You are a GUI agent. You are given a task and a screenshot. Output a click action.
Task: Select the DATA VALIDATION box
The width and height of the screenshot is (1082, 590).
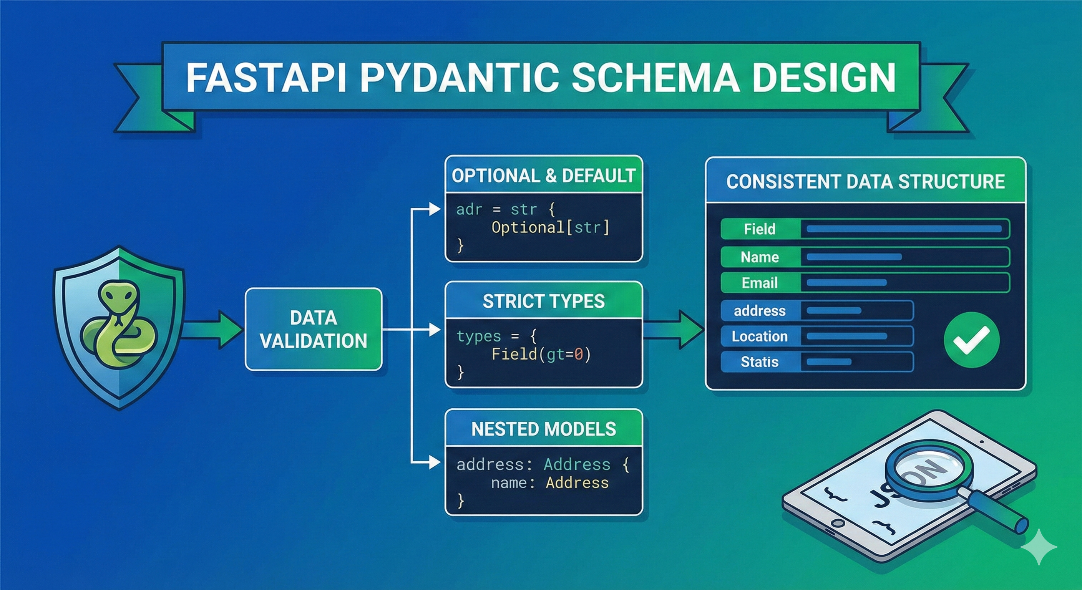[314, 329]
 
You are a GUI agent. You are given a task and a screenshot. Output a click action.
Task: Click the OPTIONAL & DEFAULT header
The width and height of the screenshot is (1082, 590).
[544, 176]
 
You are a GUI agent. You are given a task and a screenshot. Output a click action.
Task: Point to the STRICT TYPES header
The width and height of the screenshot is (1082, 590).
[544, 301]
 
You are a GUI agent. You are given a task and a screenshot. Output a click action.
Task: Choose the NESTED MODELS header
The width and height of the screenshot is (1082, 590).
[544, 429]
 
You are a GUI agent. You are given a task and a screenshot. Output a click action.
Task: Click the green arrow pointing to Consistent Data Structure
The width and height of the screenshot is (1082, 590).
[676, 330]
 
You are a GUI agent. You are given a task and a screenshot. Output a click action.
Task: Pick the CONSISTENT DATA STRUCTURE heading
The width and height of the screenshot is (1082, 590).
[865, 181]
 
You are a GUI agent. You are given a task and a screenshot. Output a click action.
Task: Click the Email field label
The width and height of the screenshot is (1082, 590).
[759, 283]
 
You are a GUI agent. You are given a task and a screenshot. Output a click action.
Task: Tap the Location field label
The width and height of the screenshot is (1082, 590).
[759, 336]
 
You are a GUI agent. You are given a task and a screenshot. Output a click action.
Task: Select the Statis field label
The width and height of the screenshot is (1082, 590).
[759, 362]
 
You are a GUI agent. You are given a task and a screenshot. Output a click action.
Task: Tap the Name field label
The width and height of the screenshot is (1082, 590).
[759, 257]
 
